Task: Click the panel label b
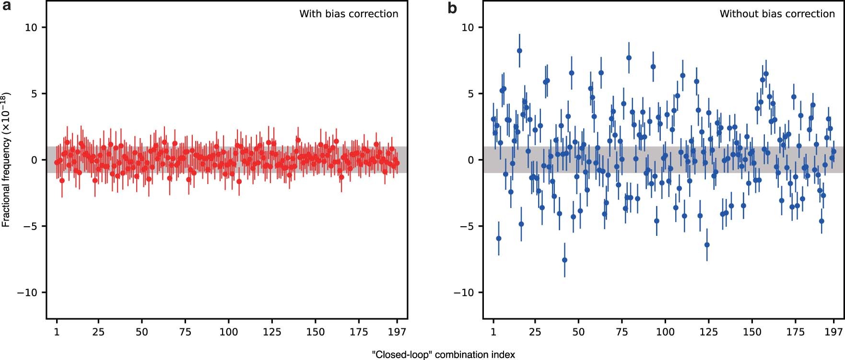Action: pos(452,8)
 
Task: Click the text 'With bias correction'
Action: pos(349,14)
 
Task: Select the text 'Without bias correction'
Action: pos(777,14)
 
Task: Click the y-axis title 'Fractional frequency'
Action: pos(6,160)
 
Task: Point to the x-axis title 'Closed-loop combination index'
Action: pos(443,355)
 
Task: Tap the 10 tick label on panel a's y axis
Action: pos(31,27)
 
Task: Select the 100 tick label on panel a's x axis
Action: pos(228,332)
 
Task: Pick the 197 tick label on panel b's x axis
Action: pos(834,332)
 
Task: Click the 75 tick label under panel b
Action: pos(622,332)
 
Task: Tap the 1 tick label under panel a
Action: pos(57,332)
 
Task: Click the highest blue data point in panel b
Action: pos(519,51)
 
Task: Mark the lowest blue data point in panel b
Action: pos(564,260)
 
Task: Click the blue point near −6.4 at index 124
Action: pos(707,245)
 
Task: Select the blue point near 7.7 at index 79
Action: pos(629,58)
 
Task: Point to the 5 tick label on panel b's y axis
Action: pos(470,93)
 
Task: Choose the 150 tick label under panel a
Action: pos(315,332)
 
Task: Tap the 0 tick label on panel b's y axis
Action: pos(470,160)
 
